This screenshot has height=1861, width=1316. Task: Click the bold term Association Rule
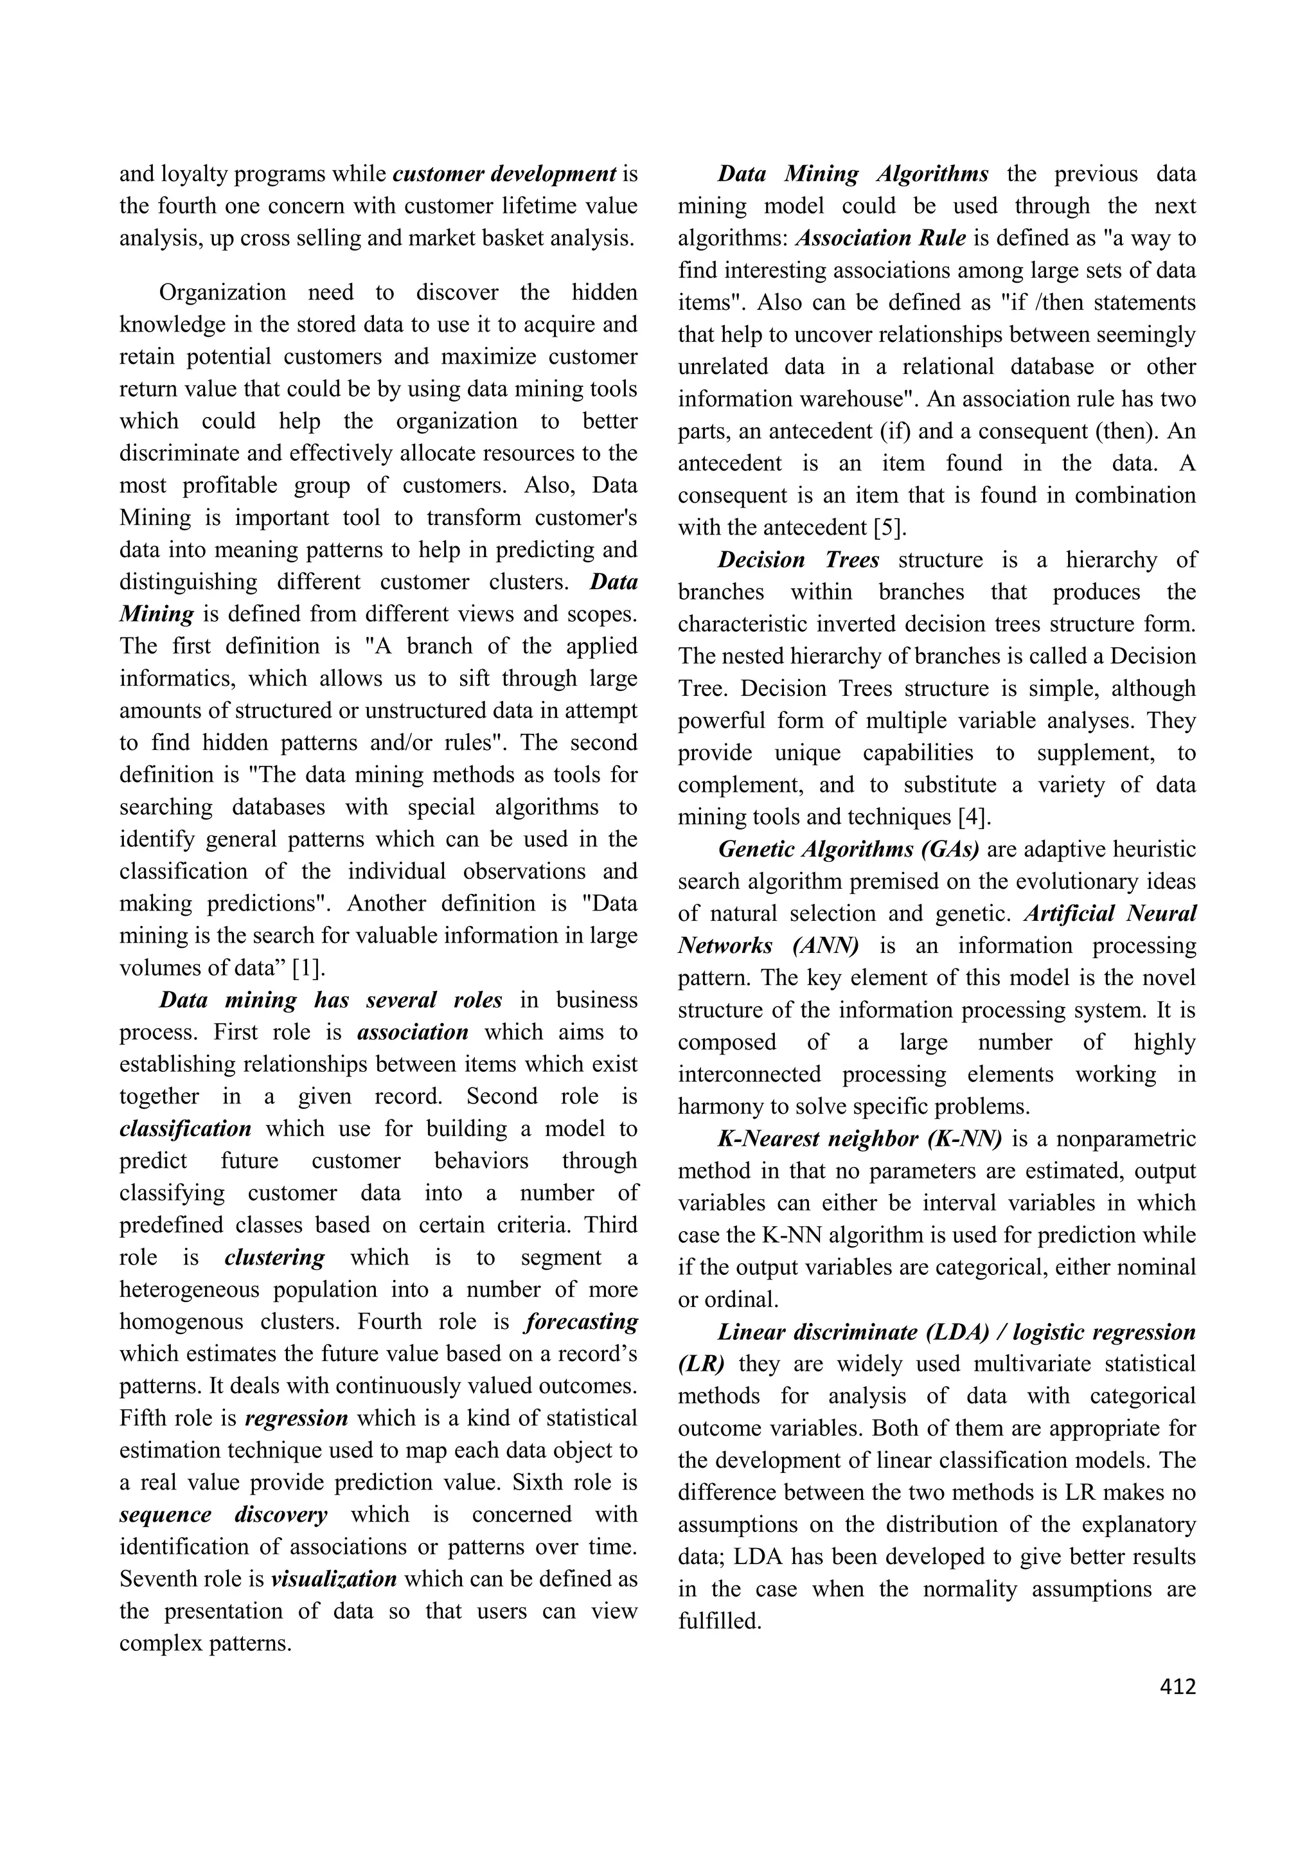881,238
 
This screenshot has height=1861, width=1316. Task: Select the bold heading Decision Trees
798,560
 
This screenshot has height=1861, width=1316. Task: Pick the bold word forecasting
581,1322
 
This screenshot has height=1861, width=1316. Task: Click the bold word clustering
275,1257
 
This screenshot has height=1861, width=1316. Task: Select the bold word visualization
334,1579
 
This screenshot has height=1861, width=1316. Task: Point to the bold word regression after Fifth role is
297,1418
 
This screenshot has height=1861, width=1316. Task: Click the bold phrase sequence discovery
224,1515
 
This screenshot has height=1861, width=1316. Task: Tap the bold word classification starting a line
186,1129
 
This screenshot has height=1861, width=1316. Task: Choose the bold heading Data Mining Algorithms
853,174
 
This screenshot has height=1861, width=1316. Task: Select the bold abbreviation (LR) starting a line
701,1364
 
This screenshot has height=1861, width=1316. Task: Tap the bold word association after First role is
413,1033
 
